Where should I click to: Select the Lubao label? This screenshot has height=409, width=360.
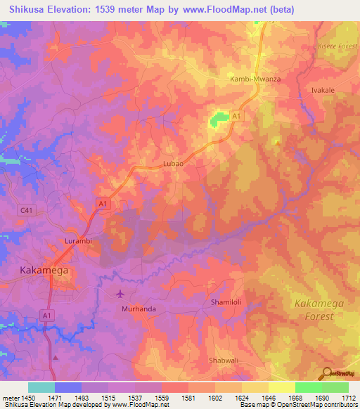(x=173, y=163)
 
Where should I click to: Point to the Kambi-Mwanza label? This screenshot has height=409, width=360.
(x=255, y=79)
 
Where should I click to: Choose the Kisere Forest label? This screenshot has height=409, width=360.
(x=333, y=45)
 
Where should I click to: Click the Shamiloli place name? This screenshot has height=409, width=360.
(x=227, y=301)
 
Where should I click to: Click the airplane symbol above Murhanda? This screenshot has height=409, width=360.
(x=120, y=293)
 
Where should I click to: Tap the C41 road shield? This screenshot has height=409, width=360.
(x=27, y=209)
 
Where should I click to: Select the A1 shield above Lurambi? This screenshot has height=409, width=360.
(x=103, y=203)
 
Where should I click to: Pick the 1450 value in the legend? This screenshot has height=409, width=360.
(x=28, y=398)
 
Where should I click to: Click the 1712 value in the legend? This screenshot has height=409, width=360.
(x=349, y=398)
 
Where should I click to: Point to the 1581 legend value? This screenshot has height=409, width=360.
(x=189, y=398)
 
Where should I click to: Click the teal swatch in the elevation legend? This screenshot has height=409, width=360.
(x=41, y=387)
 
